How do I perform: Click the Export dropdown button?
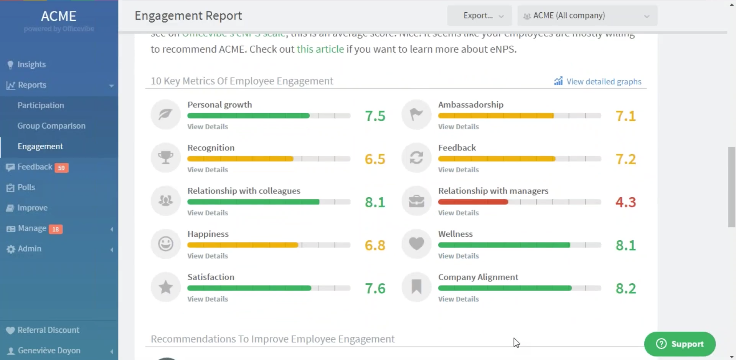click(479, 16)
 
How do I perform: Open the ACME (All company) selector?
click(587, 16)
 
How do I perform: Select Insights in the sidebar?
click(31, 64)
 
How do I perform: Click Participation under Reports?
click(41, 105)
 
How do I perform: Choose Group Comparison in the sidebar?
click(51, 126)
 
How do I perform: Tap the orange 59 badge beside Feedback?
click(61, 168)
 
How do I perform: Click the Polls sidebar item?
click(26, 187)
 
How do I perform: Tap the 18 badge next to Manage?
click(56, 229)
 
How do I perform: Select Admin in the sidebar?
click(29, 249)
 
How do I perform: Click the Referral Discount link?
click(48, 330)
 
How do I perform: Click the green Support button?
click(680, 344)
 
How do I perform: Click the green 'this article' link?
click(320, 49)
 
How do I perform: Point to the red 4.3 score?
click(625, 202)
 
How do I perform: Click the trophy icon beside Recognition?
click(165, 157)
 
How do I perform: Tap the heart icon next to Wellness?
click(416, 243)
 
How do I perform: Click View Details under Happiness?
click(208, 256)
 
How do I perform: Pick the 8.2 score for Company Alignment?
click(625, 288)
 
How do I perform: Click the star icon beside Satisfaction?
click(165, 287)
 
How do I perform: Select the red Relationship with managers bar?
click(473, 202)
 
